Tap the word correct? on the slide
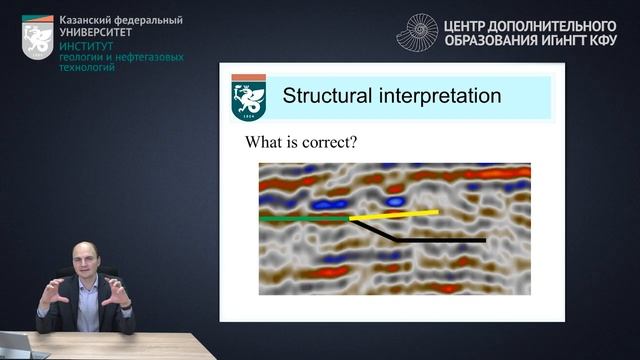(329, 142)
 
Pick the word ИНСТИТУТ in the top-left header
(86, 46)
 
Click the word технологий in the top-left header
(89, 69)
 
